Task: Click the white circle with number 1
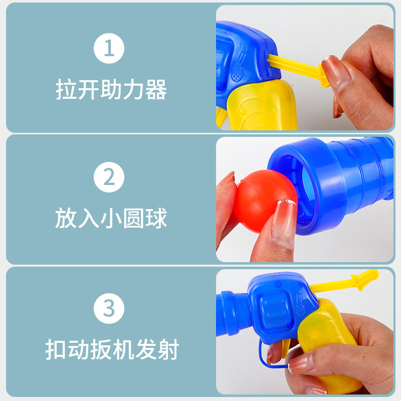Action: (x=109, y=48)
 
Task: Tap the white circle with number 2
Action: (x=109, y=177)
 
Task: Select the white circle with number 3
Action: (x=109, y=308)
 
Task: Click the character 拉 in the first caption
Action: (x=66, y=89)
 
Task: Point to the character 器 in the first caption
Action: (x=156, y=89)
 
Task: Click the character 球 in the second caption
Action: (x=156, y=218)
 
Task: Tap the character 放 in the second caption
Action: (x=66, y=218)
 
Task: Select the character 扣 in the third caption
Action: (x=56, y=349)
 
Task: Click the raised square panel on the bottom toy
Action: (x=275, y=308)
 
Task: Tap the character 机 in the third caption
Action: (x=123, y=349)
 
